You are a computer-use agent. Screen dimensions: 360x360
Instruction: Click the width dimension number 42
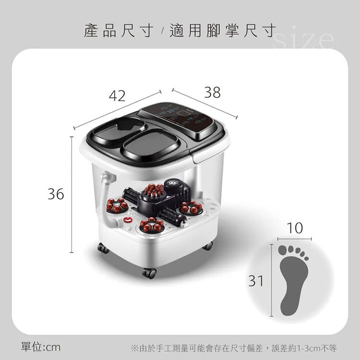click(x=117, y=96)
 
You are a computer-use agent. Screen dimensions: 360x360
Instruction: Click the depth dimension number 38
click(x=212, y=92)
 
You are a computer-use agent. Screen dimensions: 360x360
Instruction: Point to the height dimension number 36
click(x=56, y=194)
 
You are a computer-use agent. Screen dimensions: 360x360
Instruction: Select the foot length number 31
click(x=256, y=281)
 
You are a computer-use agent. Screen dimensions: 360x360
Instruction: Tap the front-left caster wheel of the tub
click(x=103, y=248)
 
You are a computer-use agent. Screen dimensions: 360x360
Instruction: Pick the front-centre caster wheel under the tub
click(x=150, y=273)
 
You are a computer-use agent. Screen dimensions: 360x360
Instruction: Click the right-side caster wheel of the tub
click(x=207, y=246)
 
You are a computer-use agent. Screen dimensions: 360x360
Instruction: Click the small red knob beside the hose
click(x=128, y=220)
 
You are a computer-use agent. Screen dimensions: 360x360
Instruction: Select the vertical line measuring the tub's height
click(x=72, y=194)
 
